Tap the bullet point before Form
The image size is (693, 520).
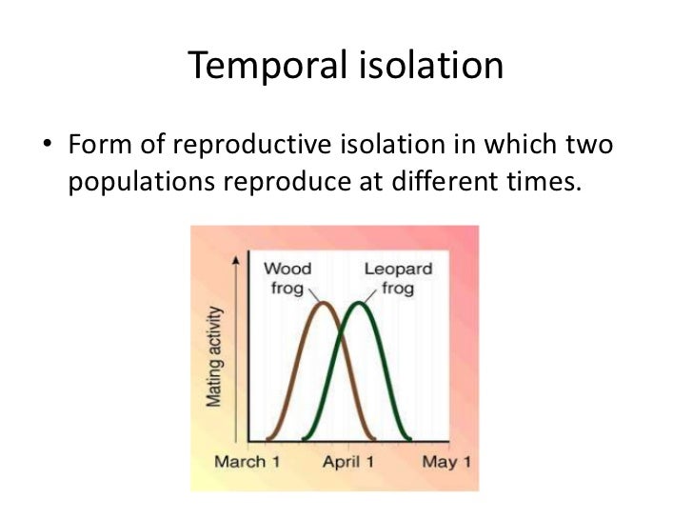click(x=46, y=148)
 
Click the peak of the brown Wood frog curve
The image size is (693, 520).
click(x=324, y=304)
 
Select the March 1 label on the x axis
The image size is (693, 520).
click(x=247, y=463)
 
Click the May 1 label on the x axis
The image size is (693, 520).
click(x=445, y=463)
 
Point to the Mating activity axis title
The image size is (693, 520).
click(x=216, y=356)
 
